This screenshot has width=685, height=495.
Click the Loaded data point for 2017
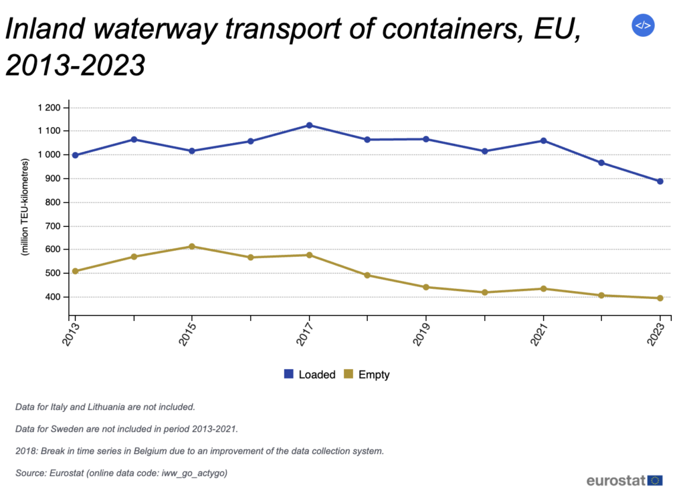(309, 125)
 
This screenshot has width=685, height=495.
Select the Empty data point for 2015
(192, 247)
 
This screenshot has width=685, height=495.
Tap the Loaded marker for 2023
(660, 181)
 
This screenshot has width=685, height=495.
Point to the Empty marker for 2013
(75, 271)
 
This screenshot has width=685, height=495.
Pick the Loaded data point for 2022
(601, 163)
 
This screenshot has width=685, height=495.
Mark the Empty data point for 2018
(367, 275)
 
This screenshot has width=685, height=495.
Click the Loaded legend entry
(309, 375)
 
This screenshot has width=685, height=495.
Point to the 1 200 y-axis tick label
(48, 108)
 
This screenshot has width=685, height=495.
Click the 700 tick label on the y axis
(53, 226)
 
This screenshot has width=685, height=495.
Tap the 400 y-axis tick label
(53, 297)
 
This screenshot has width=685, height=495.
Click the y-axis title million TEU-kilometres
(25, 207)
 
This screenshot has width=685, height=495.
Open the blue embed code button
(642, 25)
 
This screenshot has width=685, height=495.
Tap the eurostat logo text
(615, 480)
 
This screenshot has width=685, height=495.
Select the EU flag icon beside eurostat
(656, 480)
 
